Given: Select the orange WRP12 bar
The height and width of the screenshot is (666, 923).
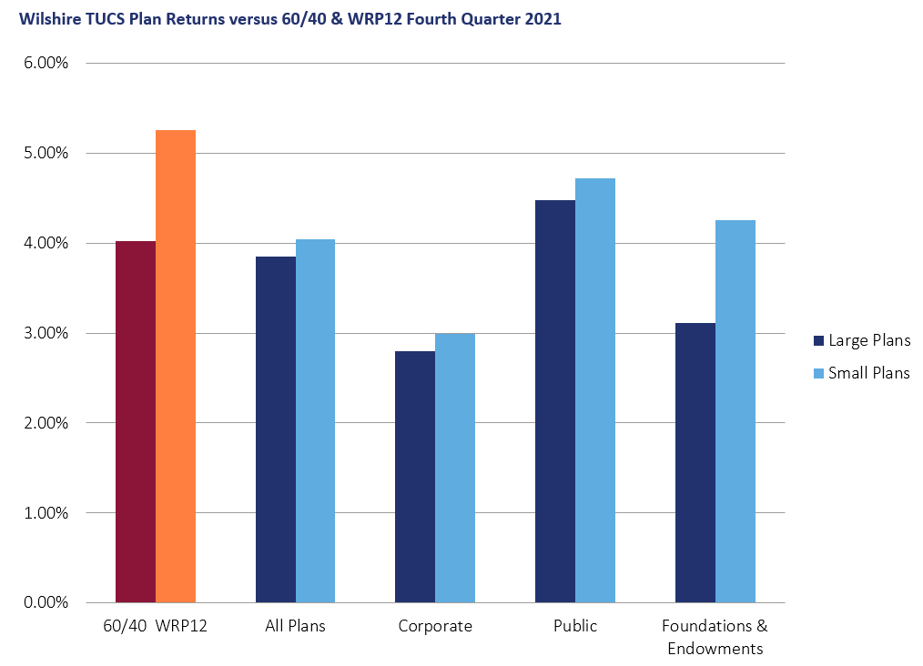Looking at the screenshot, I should click(176, 366).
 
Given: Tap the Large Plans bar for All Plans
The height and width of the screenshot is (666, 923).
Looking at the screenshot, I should click(276, 429).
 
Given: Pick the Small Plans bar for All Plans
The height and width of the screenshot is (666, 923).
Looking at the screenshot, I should click(316, 420).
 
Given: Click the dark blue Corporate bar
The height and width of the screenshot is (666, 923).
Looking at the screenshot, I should click(415, 477).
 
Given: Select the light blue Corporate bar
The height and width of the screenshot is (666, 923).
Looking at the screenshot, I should click(455, 468).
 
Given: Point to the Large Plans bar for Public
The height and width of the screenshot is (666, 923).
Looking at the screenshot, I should click(555, 401).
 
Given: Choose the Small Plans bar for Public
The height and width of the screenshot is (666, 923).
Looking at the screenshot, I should click(595, 390).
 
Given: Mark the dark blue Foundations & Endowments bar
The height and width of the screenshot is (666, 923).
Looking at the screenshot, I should click(695, 462).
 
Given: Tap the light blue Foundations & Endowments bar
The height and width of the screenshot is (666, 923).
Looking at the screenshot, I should click(735, 411).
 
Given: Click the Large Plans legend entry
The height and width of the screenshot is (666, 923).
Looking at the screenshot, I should click(861, 341).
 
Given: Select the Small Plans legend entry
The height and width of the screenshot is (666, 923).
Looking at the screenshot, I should click(861, 373).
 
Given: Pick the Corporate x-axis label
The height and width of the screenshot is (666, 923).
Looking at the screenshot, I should click(435, 627).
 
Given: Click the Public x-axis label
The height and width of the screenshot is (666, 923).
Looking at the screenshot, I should click(575, 627).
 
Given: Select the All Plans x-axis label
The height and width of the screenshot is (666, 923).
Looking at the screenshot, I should click(295, 627).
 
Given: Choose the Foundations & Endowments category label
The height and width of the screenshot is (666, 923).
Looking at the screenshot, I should click(715, 637).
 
